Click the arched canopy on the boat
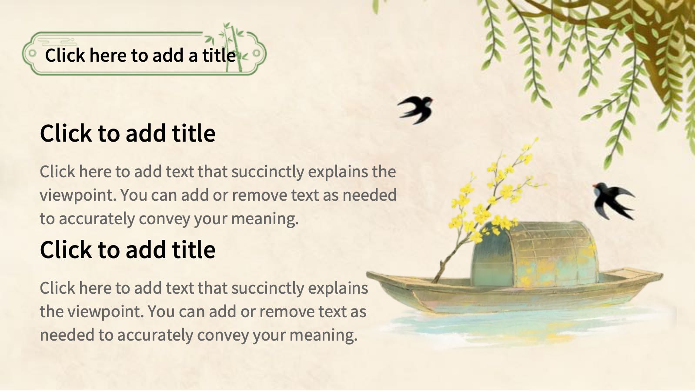click(x=534, y=254)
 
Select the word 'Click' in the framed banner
click(x=65, y=56)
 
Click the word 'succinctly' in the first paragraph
click(x=267, y=172)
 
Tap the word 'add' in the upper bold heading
click(x=145, y=133)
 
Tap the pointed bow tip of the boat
click(x=368, y=273)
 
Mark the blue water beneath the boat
click(x=528, y=325)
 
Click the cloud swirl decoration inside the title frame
click(x=59, y=41)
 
